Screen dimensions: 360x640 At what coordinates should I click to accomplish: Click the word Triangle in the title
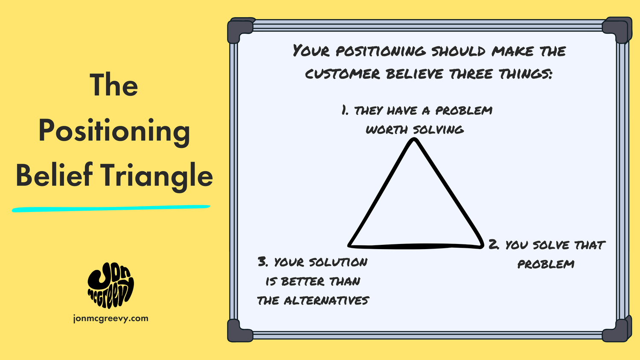point(157,176)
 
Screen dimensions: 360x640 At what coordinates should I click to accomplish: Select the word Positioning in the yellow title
point(114,131)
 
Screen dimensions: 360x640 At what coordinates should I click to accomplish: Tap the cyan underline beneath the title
point(111,209)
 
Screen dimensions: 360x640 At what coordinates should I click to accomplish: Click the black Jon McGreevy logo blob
point(111,285)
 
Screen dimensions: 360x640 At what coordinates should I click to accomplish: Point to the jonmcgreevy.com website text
point(111,318)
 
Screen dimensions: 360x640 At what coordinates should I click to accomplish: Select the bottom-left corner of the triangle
point(350,245)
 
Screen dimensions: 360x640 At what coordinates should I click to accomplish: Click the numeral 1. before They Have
point(345,110)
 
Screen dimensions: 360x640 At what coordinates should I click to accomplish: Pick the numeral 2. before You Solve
point(494,244)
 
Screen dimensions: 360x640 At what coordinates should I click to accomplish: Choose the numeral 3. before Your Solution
point(262,261)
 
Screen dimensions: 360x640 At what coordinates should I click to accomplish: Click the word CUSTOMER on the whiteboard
point(342,74)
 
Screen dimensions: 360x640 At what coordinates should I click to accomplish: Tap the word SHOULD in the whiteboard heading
point(458,51)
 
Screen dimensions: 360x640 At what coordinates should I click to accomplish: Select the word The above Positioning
point(114,85)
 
